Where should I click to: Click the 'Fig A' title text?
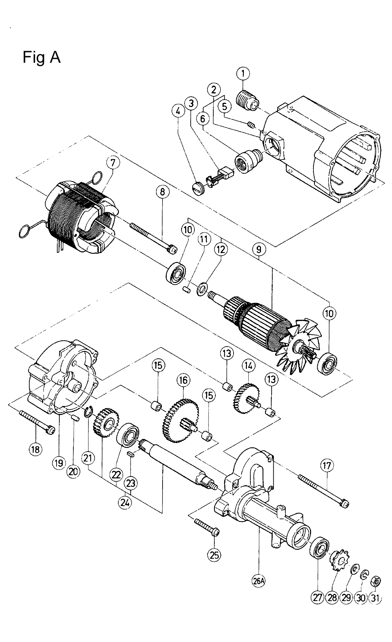tap(42, 57)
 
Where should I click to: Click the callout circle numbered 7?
tap(114, 164)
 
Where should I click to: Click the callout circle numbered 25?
tap(214, 555)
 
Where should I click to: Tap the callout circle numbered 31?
tap(375, 598)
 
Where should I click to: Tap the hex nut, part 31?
tap(375, 580)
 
